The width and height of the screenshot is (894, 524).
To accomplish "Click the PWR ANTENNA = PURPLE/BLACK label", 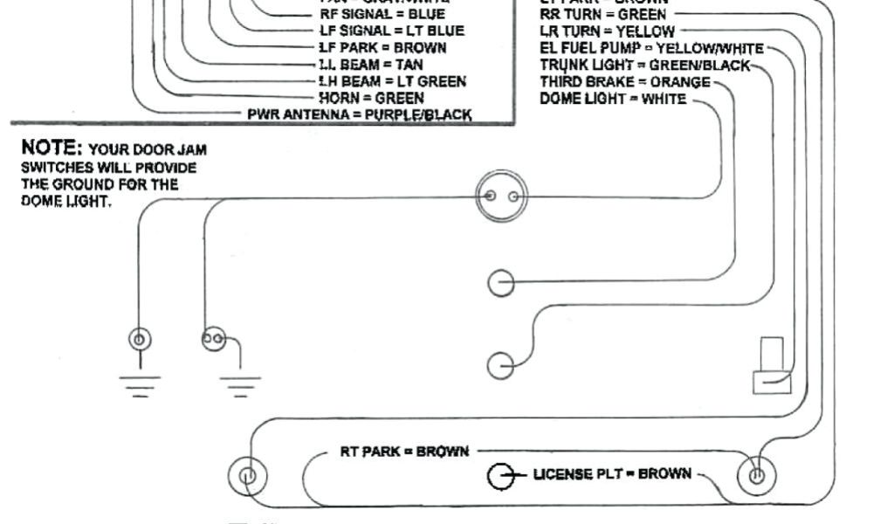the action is click(360, 114).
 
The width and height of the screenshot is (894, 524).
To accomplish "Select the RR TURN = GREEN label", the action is click(603, 14).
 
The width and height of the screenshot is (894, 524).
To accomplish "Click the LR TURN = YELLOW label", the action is click(607, 31).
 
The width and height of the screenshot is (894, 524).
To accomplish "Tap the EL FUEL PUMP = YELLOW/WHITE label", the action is click(651, 48).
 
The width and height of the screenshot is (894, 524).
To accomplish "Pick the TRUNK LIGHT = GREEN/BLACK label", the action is click(644, 65).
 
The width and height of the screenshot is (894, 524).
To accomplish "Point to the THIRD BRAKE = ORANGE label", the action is click(625, 82).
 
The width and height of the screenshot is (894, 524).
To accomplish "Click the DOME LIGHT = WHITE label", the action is click(613, 99).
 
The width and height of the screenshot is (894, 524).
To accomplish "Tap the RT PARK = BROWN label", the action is click(404, 452).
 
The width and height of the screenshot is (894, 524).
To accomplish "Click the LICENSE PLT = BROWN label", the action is click(612, 474).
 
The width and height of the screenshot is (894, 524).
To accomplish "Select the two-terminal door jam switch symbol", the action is click(214, 339).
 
